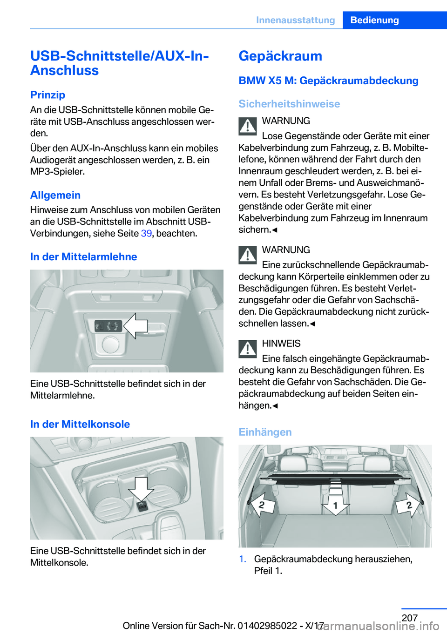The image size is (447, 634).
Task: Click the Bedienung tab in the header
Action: pos(374,20)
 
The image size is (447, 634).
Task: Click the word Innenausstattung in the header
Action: pos(295,20)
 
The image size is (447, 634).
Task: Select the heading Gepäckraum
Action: pos(280,56)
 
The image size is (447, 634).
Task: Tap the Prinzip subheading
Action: pos(47,94)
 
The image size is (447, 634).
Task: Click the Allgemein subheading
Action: pos(55,195)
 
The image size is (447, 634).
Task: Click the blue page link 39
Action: pos(146,233)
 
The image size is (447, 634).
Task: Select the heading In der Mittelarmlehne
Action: pos(83,256)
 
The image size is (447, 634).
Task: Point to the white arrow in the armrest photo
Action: pos(136,326)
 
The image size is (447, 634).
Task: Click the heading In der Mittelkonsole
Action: pos(80,424)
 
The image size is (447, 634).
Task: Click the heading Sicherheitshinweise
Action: pos(289,104)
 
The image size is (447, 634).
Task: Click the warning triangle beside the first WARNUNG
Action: pos(248,126)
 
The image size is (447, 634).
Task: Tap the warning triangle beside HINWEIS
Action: pos(248,349)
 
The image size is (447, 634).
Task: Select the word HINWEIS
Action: pos(281,344)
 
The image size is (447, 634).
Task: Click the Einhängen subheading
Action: pos(265,432)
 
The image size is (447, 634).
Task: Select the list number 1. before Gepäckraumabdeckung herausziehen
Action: pos(243,559)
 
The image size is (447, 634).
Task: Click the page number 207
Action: pos(409,618)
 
